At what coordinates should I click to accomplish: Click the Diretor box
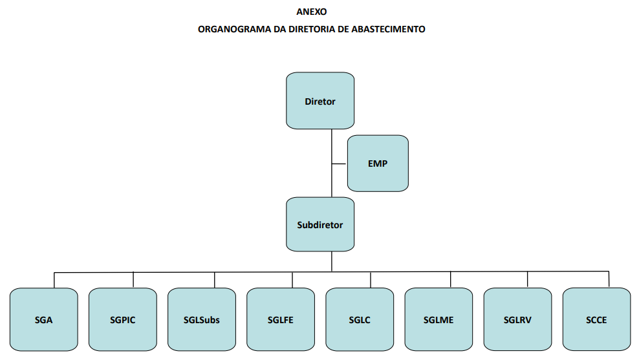pyautogui.click(x=320, y=101)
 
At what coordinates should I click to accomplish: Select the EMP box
pyautogui.click(x=378, y=164)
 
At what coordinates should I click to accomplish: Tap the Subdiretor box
pyautogui.click(x=320, y=224)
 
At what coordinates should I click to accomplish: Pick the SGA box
pyautogui.click(x=43, y=320)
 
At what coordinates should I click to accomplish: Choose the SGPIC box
pyautogui.click(x=123, y=320)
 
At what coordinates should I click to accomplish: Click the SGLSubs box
pyautogui.click(x=202, y=320)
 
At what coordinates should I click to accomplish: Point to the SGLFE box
pyautogui.click(x=281, y=320)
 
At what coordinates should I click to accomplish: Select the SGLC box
pyautogui.click(x=360, y=320)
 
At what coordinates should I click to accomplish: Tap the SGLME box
pyautogui.click(x=439, y=320)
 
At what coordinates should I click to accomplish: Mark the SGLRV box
pyautogui.click(x=517, y=320)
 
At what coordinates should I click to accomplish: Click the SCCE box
pyautogui.click(x=596, y=320)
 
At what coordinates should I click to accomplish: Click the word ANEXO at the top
pyautogui.click(x=311, y=12)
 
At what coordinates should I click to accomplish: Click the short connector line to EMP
pyautogui.click(x=340, y=164)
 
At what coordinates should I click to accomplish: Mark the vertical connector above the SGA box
pyautogui.click(x=54, y=281)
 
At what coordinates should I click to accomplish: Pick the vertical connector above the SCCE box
pyautogui.click(x=609, y=279)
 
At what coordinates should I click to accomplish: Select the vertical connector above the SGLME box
pyautogui.click(x=451, y=280)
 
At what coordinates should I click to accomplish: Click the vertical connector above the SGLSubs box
pyautogui.click(x=214, y=281)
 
